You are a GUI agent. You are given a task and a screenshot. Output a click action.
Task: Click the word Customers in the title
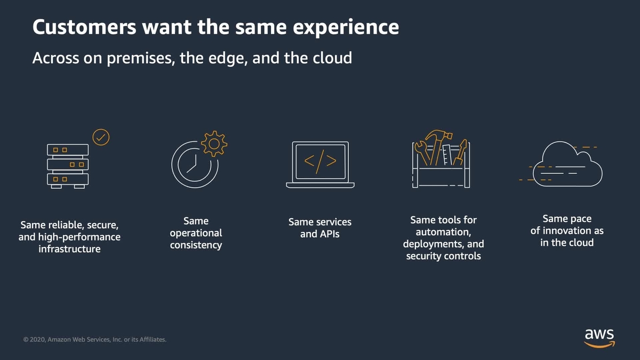(x=84, y=27)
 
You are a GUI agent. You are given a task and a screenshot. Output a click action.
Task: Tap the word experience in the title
(x=346, y=28)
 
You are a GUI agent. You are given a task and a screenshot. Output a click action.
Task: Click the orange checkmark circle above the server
(x=101, y=137)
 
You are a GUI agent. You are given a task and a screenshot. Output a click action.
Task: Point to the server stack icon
(x=68, y=166)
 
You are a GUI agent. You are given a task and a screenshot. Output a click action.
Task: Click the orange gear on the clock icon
(x=214, y=143)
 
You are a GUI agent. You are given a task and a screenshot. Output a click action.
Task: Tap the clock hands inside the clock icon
(x=193, y=164)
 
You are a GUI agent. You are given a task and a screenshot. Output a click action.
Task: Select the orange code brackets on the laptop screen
(x=320, y=162)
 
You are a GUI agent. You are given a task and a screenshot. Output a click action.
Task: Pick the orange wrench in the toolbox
(x=422, y=152)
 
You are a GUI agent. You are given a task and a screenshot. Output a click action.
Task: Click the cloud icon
(x=567, y=164)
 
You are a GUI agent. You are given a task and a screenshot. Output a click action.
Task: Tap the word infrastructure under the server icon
(x=69, y=249)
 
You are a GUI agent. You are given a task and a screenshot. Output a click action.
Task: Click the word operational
(x=196, y=233)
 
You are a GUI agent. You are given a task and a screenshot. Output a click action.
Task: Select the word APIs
(x=330, y=234)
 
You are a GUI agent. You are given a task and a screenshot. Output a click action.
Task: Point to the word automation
(x=443, y=232)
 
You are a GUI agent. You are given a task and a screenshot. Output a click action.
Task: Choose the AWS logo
(x=599, y=338)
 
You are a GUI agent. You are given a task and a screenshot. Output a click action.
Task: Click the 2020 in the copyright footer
(x=38, y=340)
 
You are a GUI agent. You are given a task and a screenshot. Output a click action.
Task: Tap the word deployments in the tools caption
(x=434, y=245)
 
